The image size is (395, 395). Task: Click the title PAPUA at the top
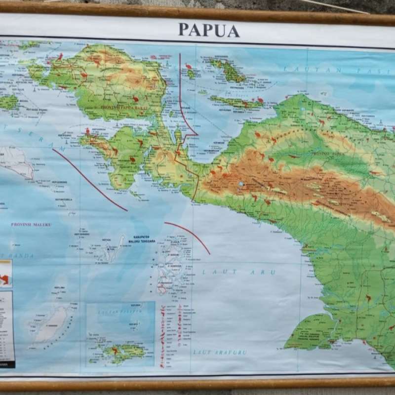coord(209,30)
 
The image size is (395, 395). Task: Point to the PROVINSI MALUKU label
coord(31,224)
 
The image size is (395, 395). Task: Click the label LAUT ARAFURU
coord(220,353)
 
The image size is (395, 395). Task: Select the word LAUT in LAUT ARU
coord(213,272)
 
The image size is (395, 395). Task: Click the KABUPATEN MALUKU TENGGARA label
coord(142,239)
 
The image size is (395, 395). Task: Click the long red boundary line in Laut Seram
coord(89,181)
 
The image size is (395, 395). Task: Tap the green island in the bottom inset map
coord(123,352)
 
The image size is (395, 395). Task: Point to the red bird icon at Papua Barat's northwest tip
coord(60,57)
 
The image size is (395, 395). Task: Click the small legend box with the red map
coord(5,274)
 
